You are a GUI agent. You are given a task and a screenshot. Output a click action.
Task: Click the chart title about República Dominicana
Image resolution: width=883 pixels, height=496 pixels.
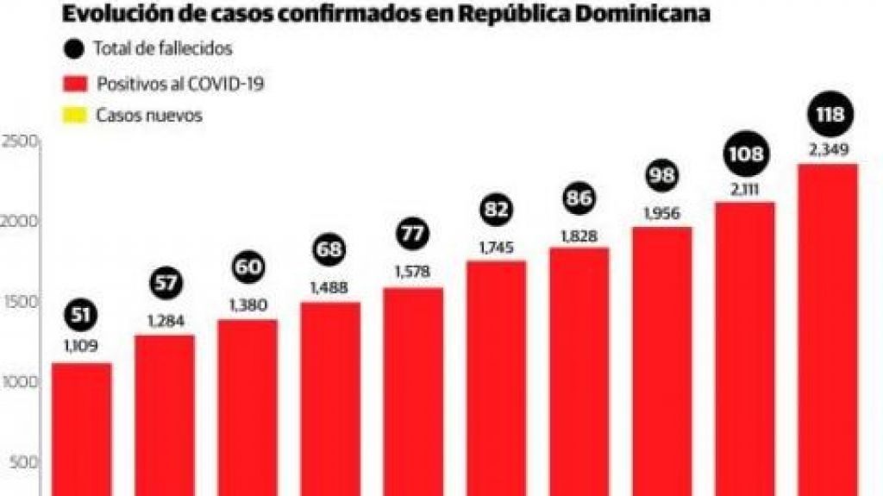tap(385, 15)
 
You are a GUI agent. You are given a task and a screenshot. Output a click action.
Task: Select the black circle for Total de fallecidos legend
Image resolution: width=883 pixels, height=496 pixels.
tap(74, 49)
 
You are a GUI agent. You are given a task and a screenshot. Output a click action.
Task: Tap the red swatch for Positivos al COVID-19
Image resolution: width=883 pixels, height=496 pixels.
tap(74, 83)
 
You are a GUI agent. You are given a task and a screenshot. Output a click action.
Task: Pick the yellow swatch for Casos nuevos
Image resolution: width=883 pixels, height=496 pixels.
tap(74, 115)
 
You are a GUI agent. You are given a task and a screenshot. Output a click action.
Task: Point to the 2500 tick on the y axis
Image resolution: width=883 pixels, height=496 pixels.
tap(19, 141)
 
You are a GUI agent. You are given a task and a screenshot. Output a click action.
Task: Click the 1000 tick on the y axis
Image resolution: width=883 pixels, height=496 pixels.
tap(19, 382)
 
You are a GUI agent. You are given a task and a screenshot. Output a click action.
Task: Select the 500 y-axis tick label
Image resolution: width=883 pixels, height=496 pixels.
tap(22, 462)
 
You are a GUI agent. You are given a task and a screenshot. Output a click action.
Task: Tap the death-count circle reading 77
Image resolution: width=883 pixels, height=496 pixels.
tap(413, 234)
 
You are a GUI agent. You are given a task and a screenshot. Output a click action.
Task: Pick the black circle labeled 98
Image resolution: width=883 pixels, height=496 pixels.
tap(661, 175)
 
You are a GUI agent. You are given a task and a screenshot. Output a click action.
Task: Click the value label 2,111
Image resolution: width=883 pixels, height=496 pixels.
tap(745, 189)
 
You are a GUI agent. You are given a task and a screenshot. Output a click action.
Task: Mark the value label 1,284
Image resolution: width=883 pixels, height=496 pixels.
tap(165, 322)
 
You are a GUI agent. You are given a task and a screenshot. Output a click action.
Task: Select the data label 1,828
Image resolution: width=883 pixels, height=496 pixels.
tap(579, 235)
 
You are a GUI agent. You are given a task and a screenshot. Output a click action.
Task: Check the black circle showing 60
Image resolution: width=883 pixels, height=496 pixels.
tap(247, 268)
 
